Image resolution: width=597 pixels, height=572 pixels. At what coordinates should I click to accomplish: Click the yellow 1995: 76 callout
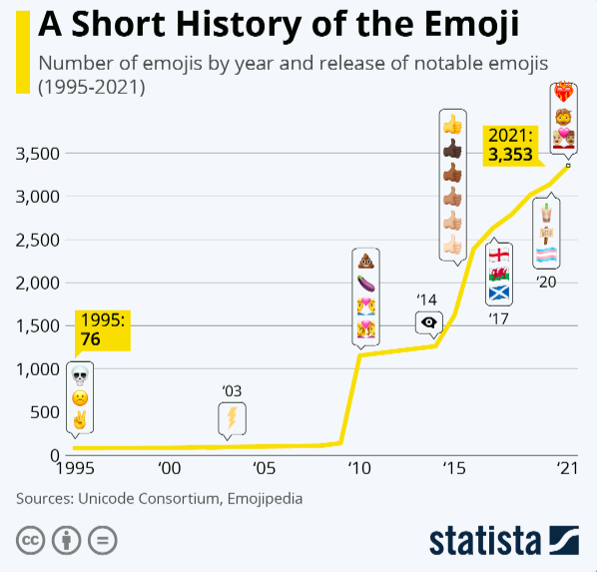[104, 330]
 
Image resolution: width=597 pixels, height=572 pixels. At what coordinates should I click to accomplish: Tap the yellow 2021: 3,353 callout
[509, 145]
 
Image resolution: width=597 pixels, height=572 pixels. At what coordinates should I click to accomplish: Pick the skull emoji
[80, 375]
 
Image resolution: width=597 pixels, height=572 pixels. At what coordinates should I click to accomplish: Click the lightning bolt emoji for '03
[231, 416]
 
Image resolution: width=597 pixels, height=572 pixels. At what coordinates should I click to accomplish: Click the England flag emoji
[499, 253]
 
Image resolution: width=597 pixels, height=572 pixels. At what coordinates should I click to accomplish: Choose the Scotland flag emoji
[499, 293]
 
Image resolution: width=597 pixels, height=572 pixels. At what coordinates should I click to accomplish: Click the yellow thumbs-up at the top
[453, 125]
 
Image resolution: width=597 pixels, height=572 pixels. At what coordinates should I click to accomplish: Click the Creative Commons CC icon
[31, 540]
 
